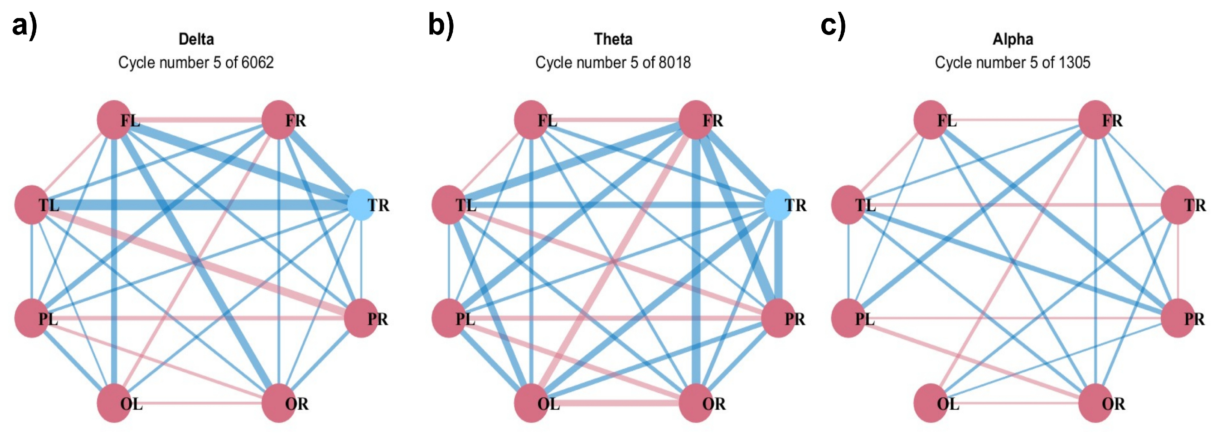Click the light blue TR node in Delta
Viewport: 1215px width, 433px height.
(x=361, y=204)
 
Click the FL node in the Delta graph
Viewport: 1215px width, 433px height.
(x=114, y=120)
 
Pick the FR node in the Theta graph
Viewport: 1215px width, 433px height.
(x=696, y=120)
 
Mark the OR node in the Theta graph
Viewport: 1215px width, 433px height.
(x=696, y=403)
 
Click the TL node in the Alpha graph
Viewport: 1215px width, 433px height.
(x=849, y=204)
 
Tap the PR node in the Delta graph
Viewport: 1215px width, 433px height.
(x=361, y=318)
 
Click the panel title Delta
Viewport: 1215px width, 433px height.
(x=196, y=39)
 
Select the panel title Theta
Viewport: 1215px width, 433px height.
(x=613, y=39)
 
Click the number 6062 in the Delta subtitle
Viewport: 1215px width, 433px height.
(x=257, y=62)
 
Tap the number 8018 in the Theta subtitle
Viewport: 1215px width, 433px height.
(x=675, y=62)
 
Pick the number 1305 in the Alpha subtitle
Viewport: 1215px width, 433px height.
(x=1075, y=62)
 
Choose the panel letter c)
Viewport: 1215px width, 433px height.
(x=833, y=26)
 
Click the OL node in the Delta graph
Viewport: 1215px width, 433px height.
(x=114, y=403)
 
